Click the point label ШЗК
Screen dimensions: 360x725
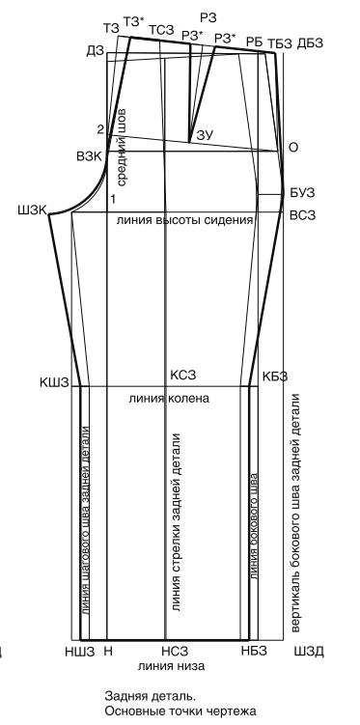(x=33, y=210)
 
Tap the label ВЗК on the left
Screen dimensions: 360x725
(x=89, y=155)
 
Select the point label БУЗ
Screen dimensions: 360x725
(x=302, y=193)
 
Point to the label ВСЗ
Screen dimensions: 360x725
(x=303, y=214)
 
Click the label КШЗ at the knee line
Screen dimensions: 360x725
(x=54, y=382)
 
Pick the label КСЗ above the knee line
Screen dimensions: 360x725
(x=183, y=374)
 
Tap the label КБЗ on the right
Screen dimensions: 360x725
(x=275, y=376)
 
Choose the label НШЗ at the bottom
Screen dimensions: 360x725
(x=80, y=652)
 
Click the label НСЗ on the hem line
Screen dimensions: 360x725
(x=175, y=652)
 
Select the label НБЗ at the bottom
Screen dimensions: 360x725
(x=254, y=651)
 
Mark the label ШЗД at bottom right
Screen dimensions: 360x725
(x=309, y=652)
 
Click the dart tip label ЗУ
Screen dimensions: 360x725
(x=206, y=135)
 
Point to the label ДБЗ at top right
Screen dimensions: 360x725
(x=310, y=43)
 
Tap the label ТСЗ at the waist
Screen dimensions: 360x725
(x=161, y=31)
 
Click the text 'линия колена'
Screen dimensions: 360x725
(x=169, y=398)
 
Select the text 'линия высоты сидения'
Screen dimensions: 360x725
(x=185, y=220)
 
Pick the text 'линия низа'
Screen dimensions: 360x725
(x=172, y=666)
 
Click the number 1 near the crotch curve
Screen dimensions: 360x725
(x=112, y=199)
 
